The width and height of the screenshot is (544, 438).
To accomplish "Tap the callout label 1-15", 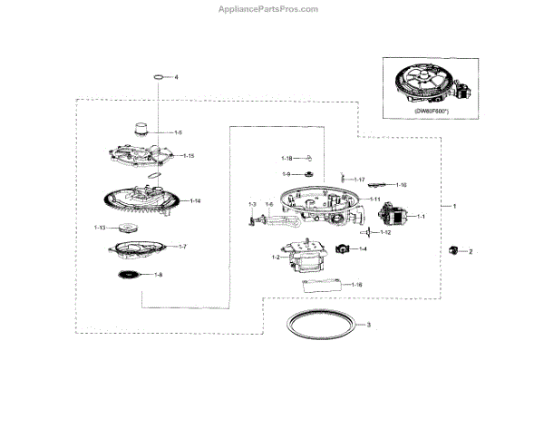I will [x=188, y=156].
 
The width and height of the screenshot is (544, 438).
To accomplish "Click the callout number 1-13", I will [x=100, y=228].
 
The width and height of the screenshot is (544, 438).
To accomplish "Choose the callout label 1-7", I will [x=181, y=247].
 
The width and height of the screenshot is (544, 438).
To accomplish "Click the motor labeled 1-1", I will [x=393, y=218].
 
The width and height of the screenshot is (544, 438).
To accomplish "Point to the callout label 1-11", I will [x=374, y=199].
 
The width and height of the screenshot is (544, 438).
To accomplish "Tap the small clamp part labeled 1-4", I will [x=344, y=248].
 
